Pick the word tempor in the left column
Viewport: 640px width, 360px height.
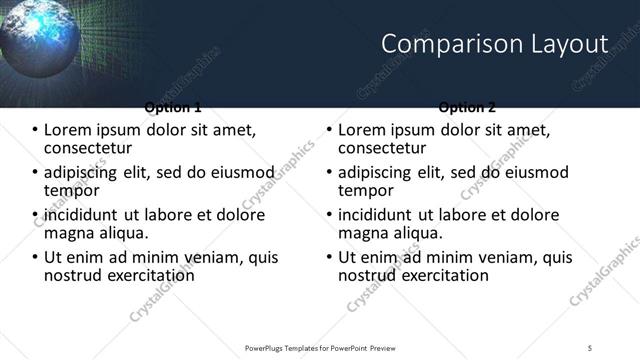pyautogui.click(x=71, y=190)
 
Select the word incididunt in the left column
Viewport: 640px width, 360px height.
pyautogui.click(x=83, y=215)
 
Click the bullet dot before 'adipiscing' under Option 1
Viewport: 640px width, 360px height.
pyautogui.click(x=36, y=173)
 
